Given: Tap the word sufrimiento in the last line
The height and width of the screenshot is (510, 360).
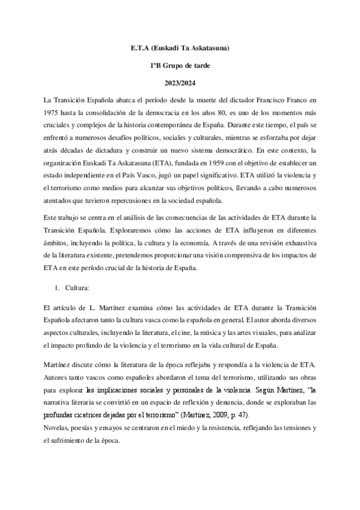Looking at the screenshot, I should click(x=66, y=443).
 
